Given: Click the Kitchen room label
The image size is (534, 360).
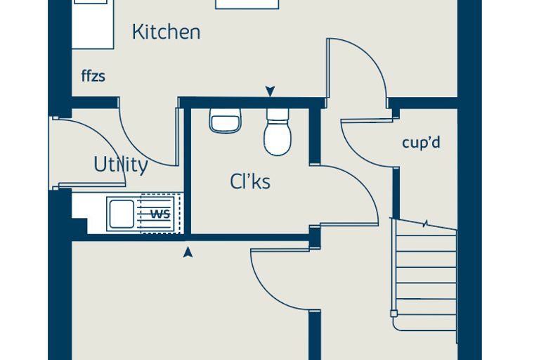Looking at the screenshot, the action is coord(167,32).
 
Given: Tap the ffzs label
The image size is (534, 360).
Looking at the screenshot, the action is coord(93,76).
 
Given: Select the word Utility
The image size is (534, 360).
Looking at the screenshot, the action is coord(121,165).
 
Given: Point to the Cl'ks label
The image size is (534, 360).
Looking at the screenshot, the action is coord(250,181).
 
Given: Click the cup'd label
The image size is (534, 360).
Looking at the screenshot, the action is coord(422,143).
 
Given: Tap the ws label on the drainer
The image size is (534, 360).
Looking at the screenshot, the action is coord(160,214).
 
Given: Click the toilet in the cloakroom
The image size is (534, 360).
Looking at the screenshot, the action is coord(278,131).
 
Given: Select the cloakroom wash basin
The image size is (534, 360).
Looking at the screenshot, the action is coord(225,121).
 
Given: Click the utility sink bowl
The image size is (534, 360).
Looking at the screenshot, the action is coord(122,214).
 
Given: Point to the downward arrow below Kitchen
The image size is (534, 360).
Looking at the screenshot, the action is coord(270,91).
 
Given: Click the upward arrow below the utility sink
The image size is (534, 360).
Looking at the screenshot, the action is coord(188,252).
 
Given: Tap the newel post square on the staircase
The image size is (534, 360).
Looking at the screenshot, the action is coord(394,314).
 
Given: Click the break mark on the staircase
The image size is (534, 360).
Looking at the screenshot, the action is coord(425,224).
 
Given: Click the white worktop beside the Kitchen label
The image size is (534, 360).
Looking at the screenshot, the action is coord(93,26).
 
